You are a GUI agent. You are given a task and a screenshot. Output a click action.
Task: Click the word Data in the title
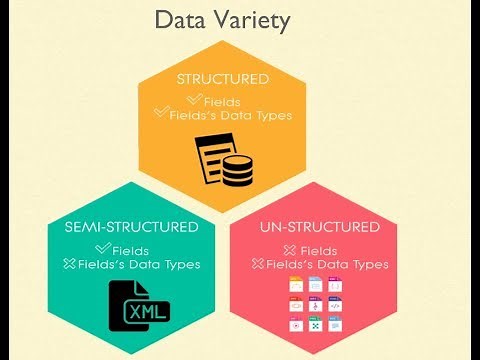tap(180, 21)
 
